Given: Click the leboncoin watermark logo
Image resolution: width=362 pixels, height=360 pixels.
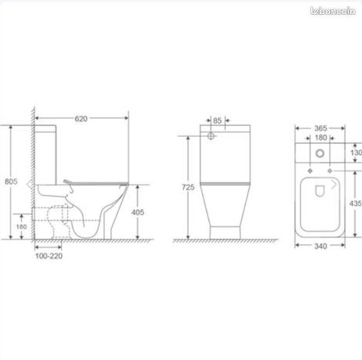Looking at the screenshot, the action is click(x=333, y=11).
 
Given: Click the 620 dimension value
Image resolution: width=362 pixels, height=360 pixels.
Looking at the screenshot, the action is click(x=81, y=119).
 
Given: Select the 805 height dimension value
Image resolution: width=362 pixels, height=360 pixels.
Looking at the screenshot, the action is click(x=11, y=182).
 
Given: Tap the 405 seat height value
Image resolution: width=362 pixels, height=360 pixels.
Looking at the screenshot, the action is click(x=138, y=212).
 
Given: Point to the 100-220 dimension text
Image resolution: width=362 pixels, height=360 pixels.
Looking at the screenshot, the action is click(x=49, y=256).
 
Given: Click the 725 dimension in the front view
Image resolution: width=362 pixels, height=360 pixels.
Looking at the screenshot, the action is click(x=188, y=187).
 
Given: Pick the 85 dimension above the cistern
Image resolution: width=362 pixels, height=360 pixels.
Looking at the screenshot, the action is click(x=217, y=121).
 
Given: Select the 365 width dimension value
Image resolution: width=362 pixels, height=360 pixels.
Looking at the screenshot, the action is click(x=320, y=128).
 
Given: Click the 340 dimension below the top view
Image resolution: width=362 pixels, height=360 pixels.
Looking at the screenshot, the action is click(x=320, y=246).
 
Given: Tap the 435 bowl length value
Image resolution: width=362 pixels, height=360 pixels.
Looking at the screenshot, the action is click(x=356, y=203).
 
